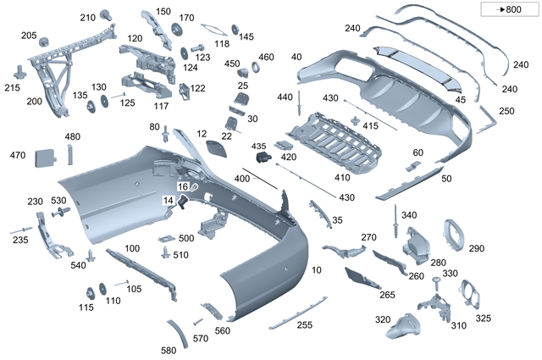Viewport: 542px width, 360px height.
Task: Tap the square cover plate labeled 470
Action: pos(44,158)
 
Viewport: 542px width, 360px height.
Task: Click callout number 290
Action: pos(477,248)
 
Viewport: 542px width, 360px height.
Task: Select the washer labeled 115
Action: pos(87,307)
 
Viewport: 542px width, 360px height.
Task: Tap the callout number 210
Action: pos(88,17)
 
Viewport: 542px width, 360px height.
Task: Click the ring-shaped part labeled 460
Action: pos(256,69)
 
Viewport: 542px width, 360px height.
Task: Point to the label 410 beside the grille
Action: pos(341,178)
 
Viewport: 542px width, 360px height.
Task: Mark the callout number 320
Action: pos(382,319)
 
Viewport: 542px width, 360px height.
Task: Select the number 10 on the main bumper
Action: pos(316,269)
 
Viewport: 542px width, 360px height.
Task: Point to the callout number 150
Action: pos(163,11)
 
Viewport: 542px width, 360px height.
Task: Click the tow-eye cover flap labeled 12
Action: pos(218,151)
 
